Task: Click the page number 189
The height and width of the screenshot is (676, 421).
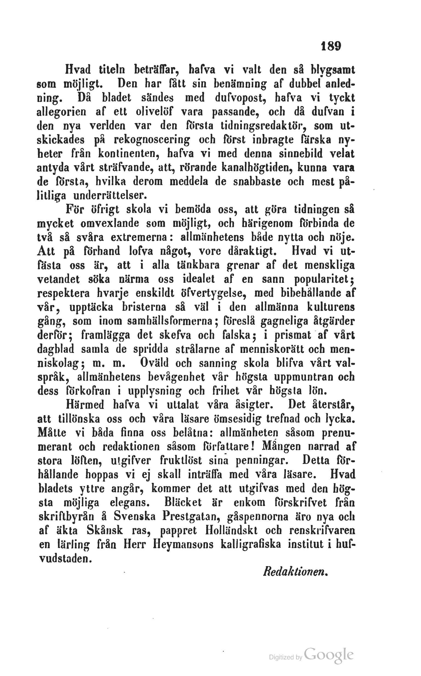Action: click(x=331, y=46)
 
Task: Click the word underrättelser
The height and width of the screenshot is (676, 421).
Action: click(x=110, y=196)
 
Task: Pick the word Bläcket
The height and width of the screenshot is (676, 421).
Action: click(x=183, y=503)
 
